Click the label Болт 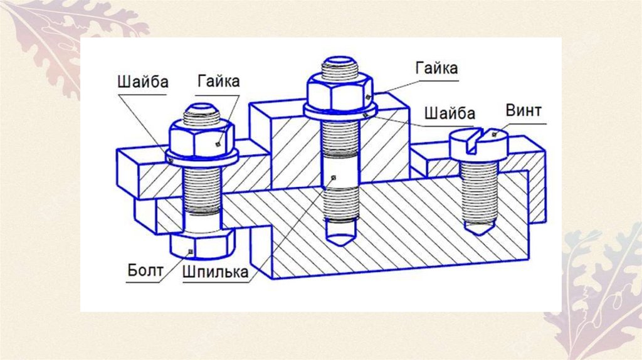point(145,272)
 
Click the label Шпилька point(215,273)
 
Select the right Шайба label point(450,114)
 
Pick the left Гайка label point(218,82)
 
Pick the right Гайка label point(436,68)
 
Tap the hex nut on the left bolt point(202,139)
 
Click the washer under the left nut point(202,159)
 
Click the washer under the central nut point(339,112)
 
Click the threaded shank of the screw point(480,188)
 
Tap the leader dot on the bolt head point(191,252)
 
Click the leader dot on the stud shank point(334,177)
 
